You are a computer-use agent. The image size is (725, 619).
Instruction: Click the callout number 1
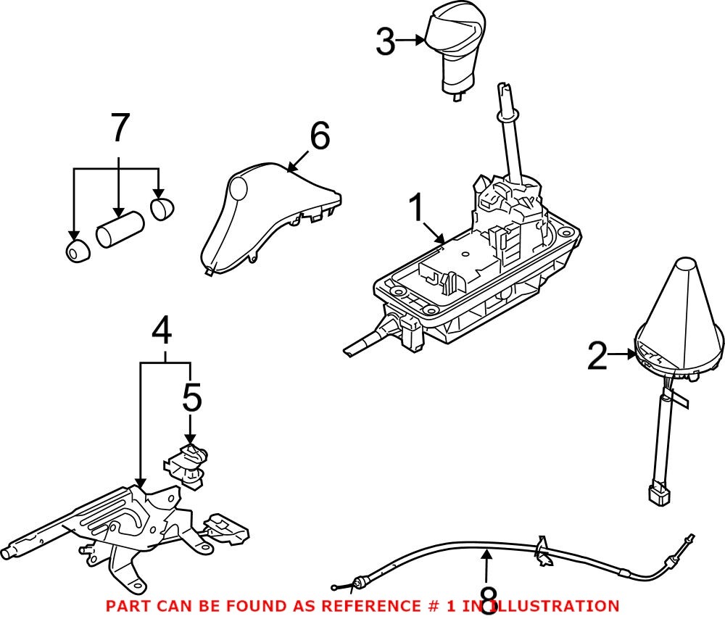[x=416, y=210]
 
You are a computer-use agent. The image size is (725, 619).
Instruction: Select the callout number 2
[x=597, y=357]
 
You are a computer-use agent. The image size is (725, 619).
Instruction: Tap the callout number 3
[x=386, y=42]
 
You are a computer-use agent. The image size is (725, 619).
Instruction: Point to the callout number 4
[x=162, y=332]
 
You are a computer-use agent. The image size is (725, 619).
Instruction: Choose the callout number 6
[x=319, y=136]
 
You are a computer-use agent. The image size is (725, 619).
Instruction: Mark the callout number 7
[x=119, y=128]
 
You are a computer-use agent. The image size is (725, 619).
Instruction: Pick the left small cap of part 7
[x=76, y=252]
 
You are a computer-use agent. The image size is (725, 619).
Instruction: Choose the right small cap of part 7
[x=163, y=207]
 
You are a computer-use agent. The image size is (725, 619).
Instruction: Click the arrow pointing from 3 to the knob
[x=411, y=41]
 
